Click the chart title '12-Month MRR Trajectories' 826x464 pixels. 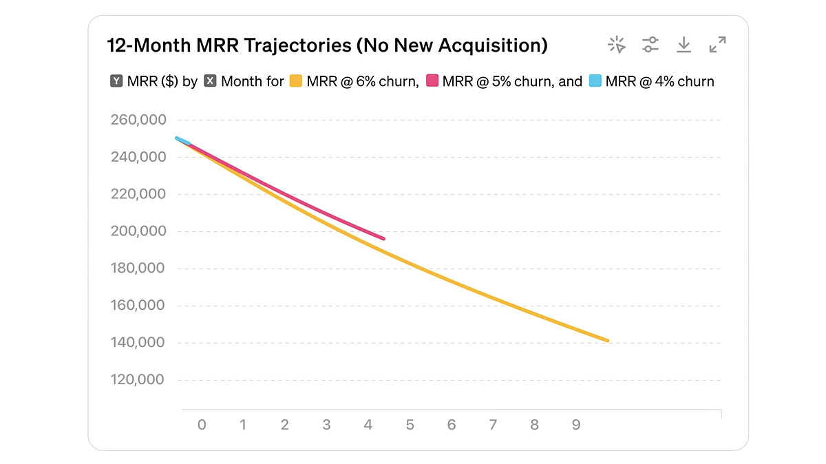click(x=328, y=46)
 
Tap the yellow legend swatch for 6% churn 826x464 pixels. click(x=296, y=81)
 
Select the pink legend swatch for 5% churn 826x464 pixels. click(x=432, y=81)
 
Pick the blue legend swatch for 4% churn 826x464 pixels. click(x=595, y=81)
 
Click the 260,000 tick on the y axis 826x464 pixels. click(x=138, y=120)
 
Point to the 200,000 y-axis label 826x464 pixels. click(x=138, y=231)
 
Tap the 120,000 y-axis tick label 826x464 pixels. click(x=138, y=380)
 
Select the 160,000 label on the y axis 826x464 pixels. click(x=138, y=306)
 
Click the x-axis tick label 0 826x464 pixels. click(x=202, y=425)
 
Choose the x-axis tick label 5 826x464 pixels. click(x=410, y=425)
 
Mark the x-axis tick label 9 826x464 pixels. click(x=576, y=425)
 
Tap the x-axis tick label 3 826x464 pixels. click(x=326, y=425)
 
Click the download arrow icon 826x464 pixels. click(x=684, y=45)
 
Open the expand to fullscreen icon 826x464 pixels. click(x=717, y=45)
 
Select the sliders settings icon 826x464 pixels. click(x=650, y=45)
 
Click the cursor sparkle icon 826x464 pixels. click(x=617, y=45)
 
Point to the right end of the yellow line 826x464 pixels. click(x=607, y=340)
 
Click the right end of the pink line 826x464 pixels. click(x=383, y=239)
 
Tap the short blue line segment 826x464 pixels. click(x=183, y=141)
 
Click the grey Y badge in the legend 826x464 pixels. click(x=116, y=81)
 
